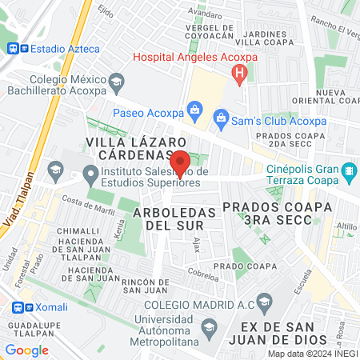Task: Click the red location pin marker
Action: (x=180, y=162)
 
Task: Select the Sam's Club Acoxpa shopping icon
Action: (x=222, y=121)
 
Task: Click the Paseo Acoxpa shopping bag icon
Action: (x=194, y=108)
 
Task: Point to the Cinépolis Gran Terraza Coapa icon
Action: (x=349, y=171)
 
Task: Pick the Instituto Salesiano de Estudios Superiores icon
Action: (x=91, y=174)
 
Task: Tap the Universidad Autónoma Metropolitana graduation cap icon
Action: (x=209, y=327)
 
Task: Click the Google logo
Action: (x=26, y=350)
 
